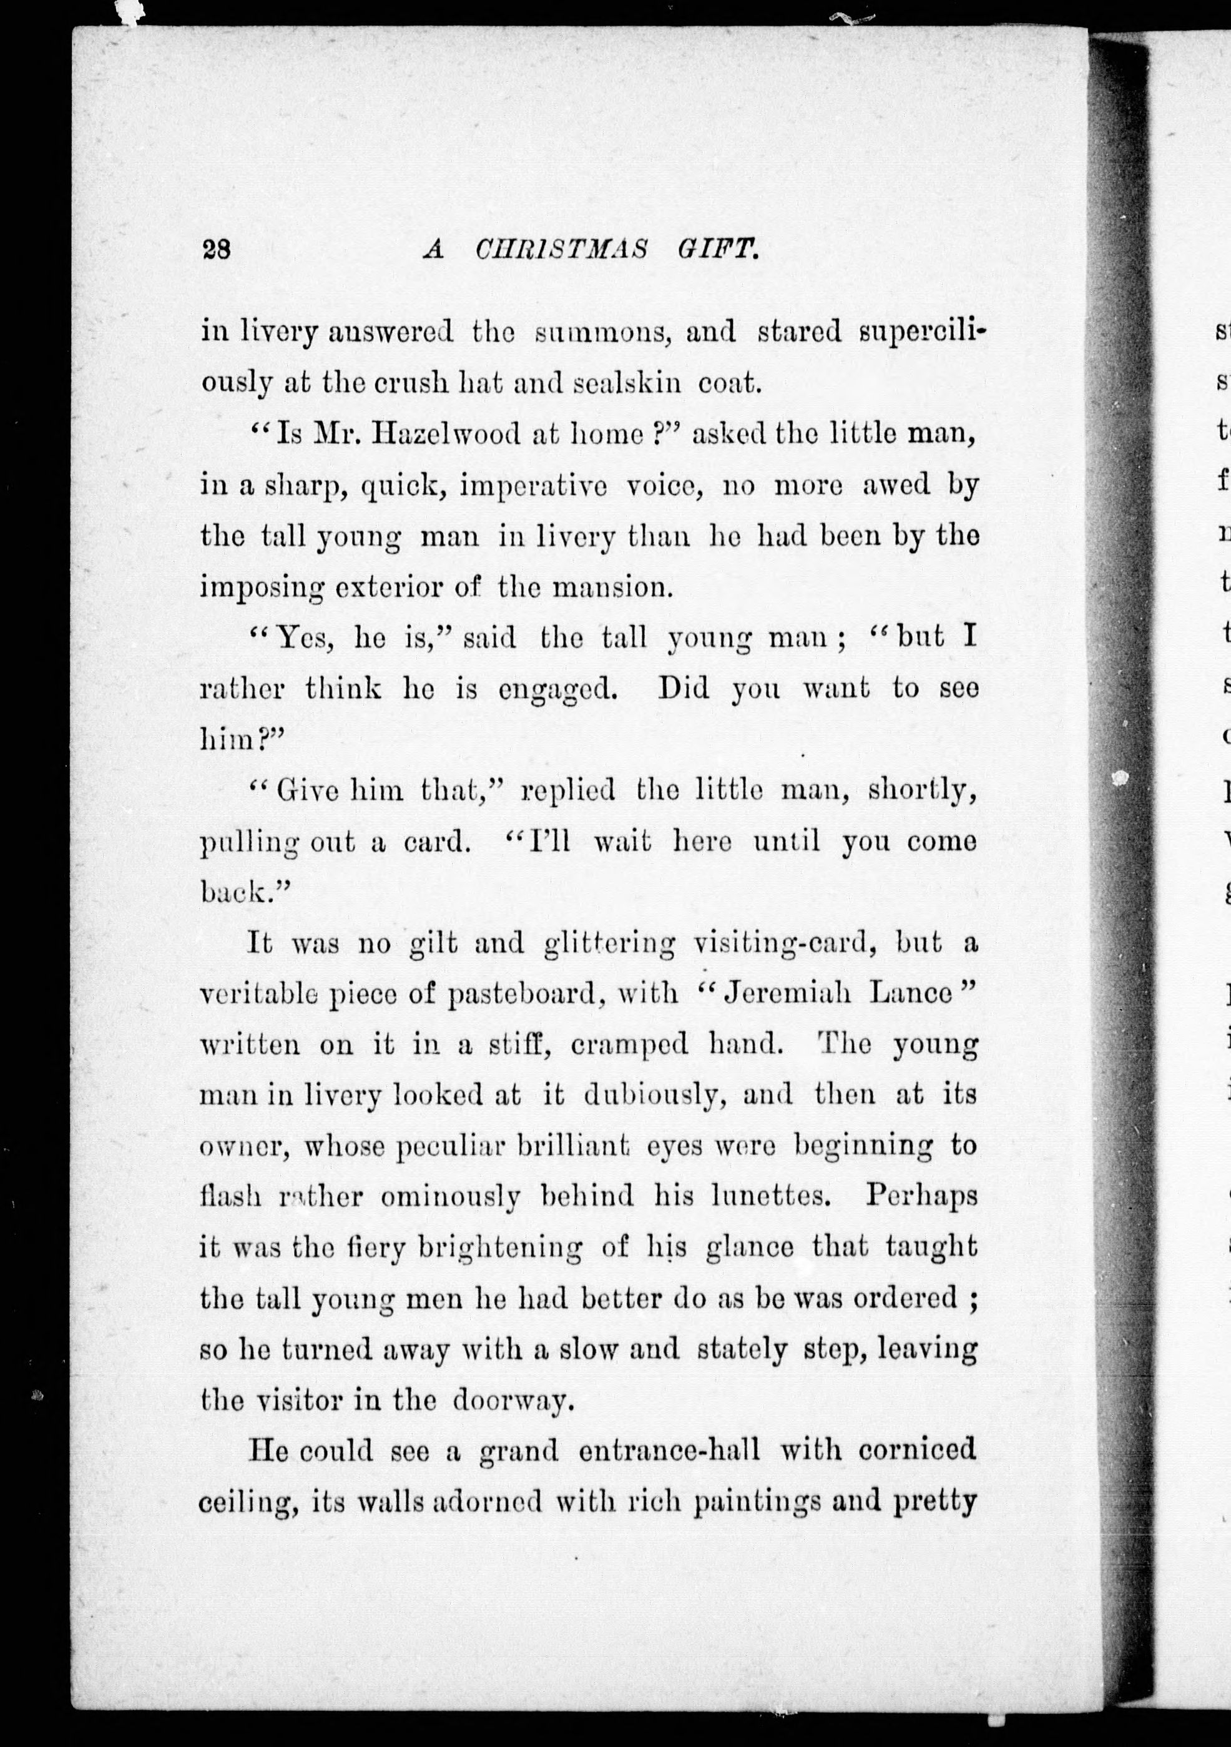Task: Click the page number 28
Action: (217, 250)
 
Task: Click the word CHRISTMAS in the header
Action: (561, 250)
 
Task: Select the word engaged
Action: (557, 689)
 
